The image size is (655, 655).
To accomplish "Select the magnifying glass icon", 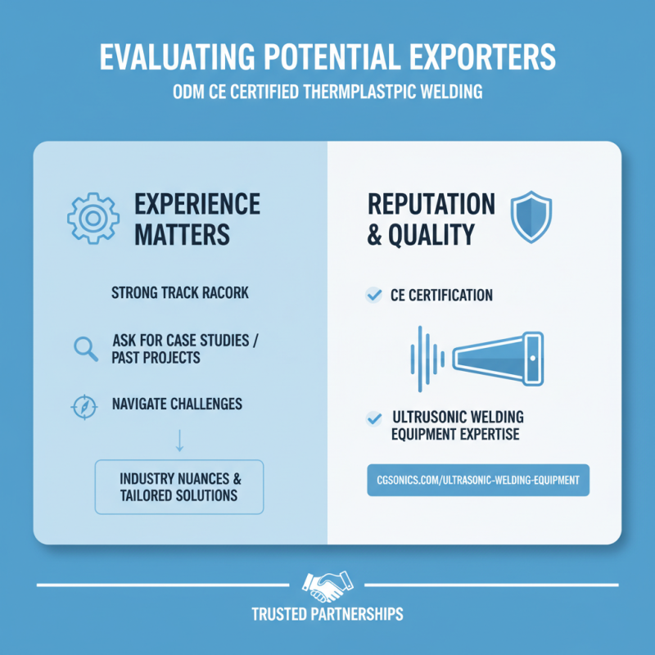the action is (86, 349).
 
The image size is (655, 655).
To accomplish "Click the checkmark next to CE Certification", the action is (373, 295).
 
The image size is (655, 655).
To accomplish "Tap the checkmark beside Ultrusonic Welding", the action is (373, 418).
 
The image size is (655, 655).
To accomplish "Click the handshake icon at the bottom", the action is (327, 585).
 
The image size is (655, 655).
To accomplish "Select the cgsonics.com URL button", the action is (478, 480).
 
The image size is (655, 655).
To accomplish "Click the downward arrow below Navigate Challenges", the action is (179, 440).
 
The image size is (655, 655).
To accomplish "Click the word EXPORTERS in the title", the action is (482, 56).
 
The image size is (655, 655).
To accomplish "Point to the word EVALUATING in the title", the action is (177, 56).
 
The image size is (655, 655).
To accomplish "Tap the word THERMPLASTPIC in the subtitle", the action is (359, 92).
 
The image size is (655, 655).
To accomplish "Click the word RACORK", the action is (226, 292).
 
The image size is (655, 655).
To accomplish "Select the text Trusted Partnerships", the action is (327, 614).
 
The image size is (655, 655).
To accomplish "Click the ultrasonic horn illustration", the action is (498, 359).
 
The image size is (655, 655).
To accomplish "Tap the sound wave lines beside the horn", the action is (427, 359).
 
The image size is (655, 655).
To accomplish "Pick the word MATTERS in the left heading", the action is (182, 234).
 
